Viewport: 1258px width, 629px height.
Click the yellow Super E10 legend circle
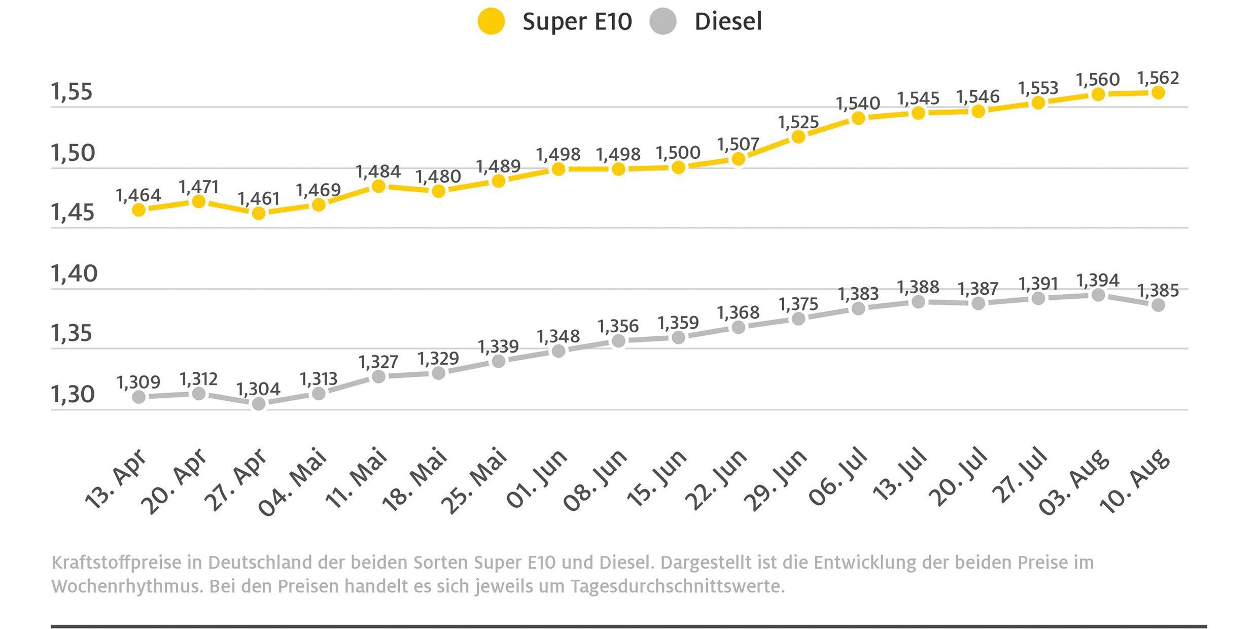[x=491, y=21]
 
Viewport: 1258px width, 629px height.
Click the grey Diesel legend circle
[x=663, y=21]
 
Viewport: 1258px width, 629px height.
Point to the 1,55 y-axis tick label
[x=72, y=92]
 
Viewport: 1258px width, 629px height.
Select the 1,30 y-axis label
[x=73, y=394]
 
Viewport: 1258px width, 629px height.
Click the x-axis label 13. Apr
[x=116, y=479]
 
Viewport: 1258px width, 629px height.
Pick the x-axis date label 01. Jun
[x=536, y=479]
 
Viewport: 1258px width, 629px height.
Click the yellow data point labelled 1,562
[x=1158, y=92]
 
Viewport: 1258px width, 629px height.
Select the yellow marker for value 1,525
[x=798, y=136]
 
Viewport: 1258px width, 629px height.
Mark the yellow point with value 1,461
[x=259, y=213]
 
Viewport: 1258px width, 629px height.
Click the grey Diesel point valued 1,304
[x=259, y=404]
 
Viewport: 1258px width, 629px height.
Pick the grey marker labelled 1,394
[x=1098, y=295]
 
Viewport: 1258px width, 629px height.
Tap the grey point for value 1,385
[x=1158, y=305]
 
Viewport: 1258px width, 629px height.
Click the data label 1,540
[x=858, y=103]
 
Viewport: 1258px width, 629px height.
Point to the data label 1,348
[x=558, y=336]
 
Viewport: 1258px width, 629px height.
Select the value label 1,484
[x=378, y=171]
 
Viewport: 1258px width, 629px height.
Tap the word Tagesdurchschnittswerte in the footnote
[x=677, y=586]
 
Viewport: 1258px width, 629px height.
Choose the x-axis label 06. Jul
[x=838, y=477]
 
